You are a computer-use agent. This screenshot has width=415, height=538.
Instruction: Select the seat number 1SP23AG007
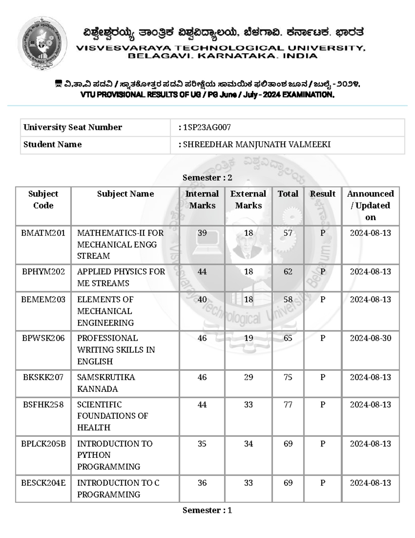pyautogui.click(x=207, y=127)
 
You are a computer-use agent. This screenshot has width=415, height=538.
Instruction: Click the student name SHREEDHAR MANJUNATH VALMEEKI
pyautogui.click(x=257, y=144)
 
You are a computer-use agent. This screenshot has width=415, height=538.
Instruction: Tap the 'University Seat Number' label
pyautogui.click(x=73, y=127)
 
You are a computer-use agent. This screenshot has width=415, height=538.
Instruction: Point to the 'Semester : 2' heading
pyautogui.click(x=207, y=178)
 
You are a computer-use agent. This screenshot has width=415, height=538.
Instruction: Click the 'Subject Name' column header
pyautogui.click(x=125, y=194)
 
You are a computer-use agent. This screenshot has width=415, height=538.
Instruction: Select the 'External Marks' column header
pyautogui.click(x=248, y=200)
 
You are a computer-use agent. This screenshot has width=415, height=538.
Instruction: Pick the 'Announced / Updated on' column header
pyautogui.click(x=370, y=205)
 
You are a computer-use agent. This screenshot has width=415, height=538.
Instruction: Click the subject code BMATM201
pyautogui.click(x=43, y=233)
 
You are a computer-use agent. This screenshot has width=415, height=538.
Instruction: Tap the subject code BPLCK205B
pyautogui.click(x=43, y=444)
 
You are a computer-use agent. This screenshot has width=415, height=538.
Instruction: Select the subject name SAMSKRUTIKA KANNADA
pyautogui.click(x=106, y=383)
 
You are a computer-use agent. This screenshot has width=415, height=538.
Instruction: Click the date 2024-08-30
pyautogui.click(x=370, y=338)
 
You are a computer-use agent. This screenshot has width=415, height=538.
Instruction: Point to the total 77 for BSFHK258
pyautogui.click(x=288, y=405)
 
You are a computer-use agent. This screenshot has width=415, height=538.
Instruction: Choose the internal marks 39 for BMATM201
pyautogui.click(x=202, y=233)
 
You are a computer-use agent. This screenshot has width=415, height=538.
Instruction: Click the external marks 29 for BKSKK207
pyautogui.click(x=248, y=377)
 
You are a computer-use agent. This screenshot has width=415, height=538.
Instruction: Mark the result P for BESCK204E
pyautogui.click(x=323, y=483)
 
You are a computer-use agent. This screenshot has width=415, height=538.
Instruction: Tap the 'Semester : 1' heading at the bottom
pyautogui.click(x=207, y=510)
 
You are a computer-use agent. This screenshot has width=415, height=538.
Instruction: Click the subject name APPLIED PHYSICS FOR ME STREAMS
pyautogui.click(x=121, y=277)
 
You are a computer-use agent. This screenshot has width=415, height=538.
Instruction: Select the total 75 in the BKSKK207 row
pyautogui.click(x=288, y=377)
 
